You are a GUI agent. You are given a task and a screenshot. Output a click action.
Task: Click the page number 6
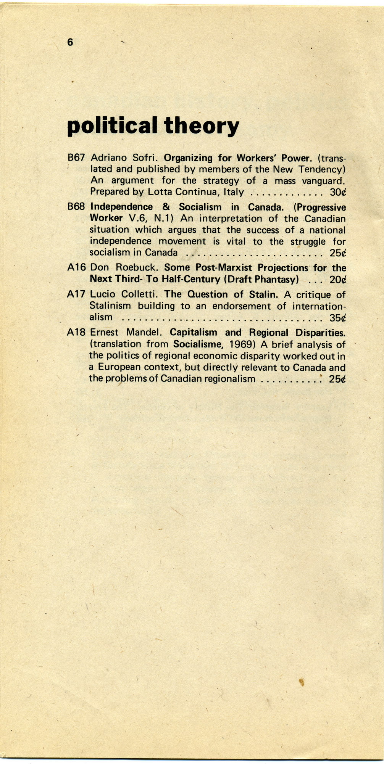[x=70, y=42]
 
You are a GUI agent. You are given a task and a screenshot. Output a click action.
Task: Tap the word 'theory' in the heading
[x=202, y=126]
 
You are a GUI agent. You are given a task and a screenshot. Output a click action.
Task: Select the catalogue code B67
[x=76, y=158]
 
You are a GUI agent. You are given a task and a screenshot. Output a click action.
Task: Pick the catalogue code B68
[x=76, y=207]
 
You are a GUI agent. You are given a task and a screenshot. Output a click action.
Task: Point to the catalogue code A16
[x=76, y=268]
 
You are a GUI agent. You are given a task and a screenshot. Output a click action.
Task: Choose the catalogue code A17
[x=76, y=294]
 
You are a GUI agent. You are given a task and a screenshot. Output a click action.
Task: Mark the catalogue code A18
[x=76, y=333]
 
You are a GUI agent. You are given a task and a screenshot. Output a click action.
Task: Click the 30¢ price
[x=338, y=192]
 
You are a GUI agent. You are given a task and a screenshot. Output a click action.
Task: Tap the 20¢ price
[x=338, y=280]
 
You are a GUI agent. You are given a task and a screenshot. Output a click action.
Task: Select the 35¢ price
[x=338, y=318]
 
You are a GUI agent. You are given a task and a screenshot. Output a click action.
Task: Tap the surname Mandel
[x=144, y=333]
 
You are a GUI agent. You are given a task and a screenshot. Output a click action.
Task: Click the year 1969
[x=242, y=344]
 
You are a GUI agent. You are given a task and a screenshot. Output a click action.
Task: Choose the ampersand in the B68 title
[x=166, y=207]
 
